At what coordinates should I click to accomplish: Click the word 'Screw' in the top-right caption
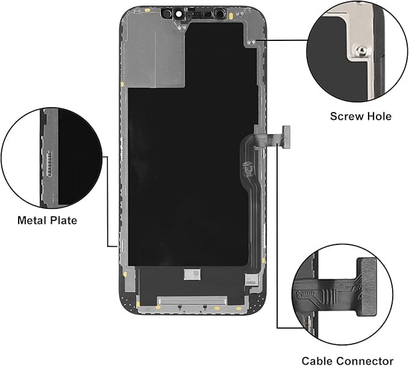[x=347, y=116]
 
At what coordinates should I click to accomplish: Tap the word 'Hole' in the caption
[x=379, y=116]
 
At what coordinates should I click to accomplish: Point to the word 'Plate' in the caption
[x=63, y=220]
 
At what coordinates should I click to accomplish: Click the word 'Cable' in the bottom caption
[x=317, y=361]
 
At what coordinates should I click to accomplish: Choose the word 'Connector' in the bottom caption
[x=365, y=361]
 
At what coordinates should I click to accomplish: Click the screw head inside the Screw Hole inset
[x=361, y=50]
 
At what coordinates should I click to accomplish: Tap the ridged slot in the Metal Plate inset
[x=49, y=163]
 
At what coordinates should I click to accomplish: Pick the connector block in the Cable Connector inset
[x=367, y=287]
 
